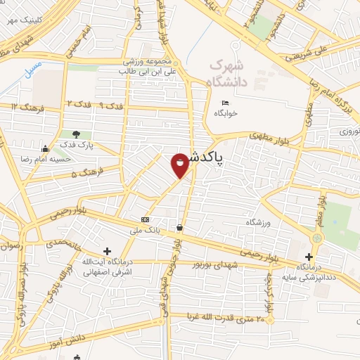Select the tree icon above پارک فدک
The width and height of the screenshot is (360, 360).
[76, 134]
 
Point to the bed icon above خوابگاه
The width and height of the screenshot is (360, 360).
[225, 103]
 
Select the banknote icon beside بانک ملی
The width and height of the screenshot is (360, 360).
[145, 219]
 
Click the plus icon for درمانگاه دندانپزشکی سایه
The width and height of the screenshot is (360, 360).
[309, 257]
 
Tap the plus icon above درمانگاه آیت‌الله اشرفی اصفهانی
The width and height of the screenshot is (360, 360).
[107, 251]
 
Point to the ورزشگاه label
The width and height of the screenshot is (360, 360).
[258, 222]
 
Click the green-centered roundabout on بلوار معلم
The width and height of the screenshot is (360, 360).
[316, 238]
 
